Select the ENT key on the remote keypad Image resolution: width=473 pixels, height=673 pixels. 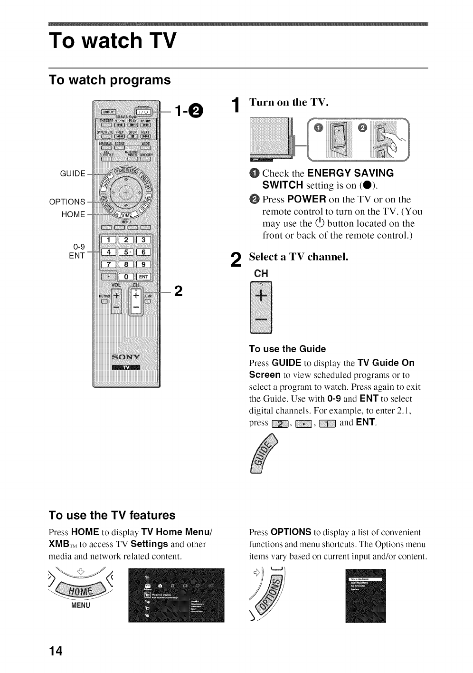tap(143, 277)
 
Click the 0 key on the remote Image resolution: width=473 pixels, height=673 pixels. tap(126, 277)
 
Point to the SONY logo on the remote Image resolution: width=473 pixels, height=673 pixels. tap(126, 357)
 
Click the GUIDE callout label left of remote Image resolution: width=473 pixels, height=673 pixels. tap(73, 173)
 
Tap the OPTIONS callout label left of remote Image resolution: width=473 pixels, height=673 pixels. tap(67, 202)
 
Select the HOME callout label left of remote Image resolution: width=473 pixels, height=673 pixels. tap(73, 214)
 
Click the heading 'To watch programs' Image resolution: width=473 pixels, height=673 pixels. tap(110, 79)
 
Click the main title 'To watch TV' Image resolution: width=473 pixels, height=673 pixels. tap(113, 41)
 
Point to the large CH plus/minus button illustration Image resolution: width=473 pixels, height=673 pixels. tap(261, 308)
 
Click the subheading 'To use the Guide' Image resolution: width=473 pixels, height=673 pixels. tap(287, 349)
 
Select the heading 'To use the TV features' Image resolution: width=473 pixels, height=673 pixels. tap(112, 515)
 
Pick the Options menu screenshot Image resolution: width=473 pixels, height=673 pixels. tap(365, 596)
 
